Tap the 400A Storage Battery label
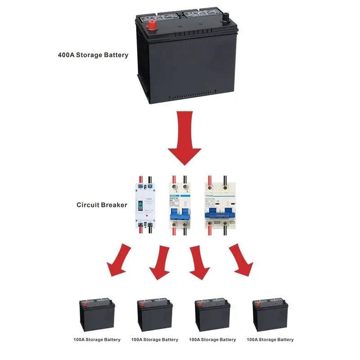pos(93,55)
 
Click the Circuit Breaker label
pos(102,205)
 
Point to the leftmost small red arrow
pos(119,260)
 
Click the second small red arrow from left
pos(161,262)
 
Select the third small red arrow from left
pos(198,263)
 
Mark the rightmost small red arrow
pos(240,260)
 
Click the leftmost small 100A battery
pos(97,315)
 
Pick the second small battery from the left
pos(155,315)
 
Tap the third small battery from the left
pos(212,315)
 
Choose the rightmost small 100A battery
pos(270,315)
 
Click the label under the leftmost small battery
pos(97,340)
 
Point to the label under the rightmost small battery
pos(270,340)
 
